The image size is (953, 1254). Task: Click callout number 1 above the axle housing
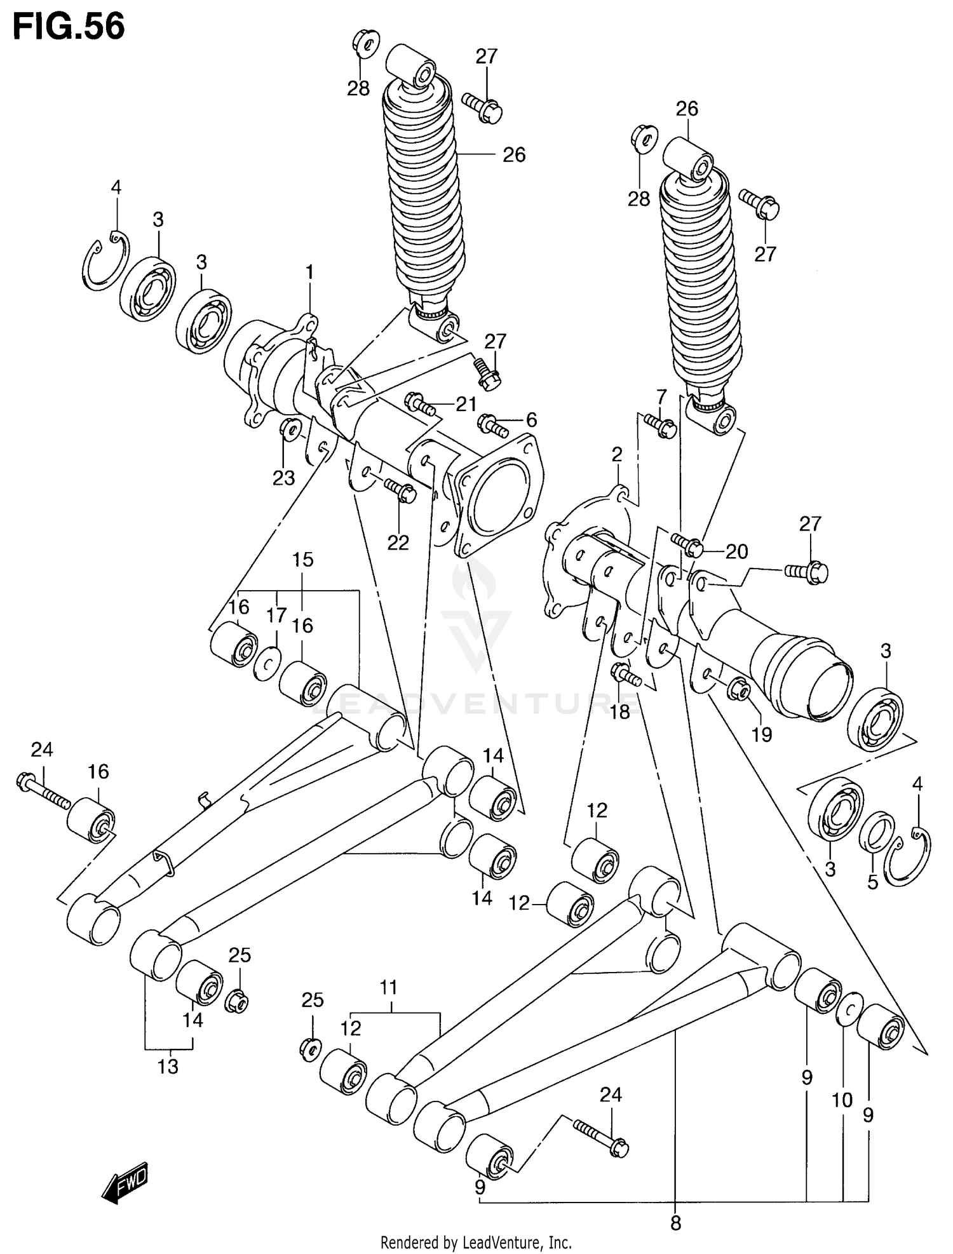click(309, 273)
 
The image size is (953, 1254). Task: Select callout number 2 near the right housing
click(617, 454)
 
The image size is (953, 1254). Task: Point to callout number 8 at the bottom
click(675, 1222)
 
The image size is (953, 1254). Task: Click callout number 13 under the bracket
click(168, 1067)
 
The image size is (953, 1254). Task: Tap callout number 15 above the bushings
click(303, 560)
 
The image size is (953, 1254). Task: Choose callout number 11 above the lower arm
click(388, 987)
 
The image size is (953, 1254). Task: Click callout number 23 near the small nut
click(283, 478)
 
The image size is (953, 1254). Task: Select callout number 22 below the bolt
click(398, 542)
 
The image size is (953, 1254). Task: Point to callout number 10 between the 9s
click(842, 1100)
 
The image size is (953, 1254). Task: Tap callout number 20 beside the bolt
click(736, 551)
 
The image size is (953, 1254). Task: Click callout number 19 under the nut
click(761, 734)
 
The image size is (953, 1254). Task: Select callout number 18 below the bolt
click(619, 711)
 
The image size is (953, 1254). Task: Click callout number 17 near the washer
click(276, 616)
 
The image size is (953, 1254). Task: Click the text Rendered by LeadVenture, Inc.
click(476, 1242)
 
